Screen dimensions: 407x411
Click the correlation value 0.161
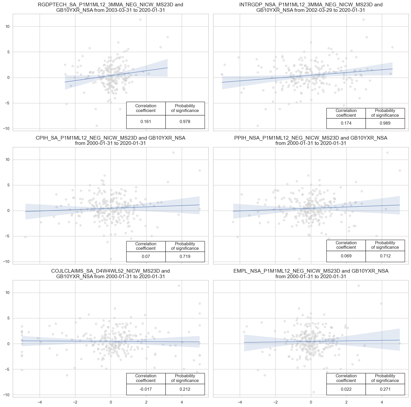coord(146,122)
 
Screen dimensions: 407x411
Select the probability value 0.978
coord(185,122)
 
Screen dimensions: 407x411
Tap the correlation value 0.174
coord(346,123)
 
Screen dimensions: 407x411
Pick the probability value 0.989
coord(385,123)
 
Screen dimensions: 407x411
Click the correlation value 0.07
coord(146,257)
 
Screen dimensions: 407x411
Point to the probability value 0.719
coord(185,257)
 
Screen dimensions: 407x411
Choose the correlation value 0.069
coord(346,256)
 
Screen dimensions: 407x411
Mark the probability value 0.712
coord(385,256)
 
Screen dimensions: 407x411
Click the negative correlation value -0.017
coord(146,389)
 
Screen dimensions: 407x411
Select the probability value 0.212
coord(185,389)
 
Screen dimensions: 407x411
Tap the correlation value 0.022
coord(346,389)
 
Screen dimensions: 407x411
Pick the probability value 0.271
coord(385,389)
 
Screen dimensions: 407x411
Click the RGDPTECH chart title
coord(111,7)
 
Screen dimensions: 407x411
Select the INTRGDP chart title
coord(311,7)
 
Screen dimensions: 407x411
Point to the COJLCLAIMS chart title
coord(111,273)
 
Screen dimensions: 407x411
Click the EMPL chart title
coord(311,273)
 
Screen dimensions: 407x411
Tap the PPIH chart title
coord(311,140)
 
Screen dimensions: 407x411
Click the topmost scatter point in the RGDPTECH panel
coord(140,19)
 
